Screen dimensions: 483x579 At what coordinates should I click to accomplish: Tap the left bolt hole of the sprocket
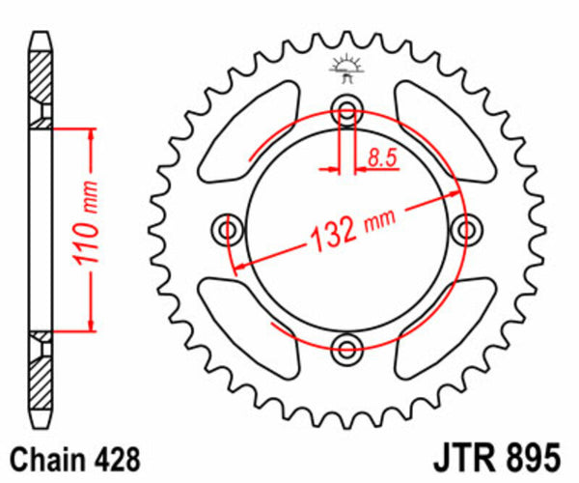tap(228, 229)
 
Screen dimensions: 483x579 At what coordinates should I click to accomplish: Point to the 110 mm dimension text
tap(85, 229)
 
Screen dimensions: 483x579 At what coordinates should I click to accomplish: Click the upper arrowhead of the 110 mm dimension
tap(92, 135)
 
